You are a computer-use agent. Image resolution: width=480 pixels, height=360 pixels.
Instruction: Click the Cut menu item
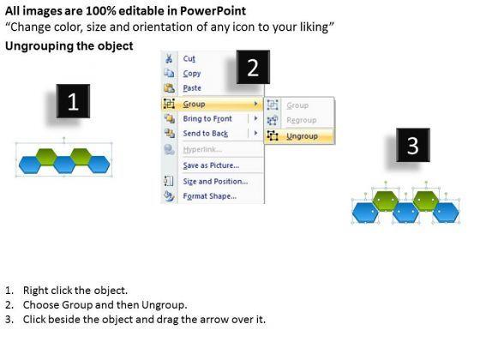click(189, 58)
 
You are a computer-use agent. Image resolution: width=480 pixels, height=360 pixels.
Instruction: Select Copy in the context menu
click(192, 74)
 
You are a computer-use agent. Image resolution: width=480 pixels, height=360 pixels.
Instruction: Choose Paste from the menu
click(192, 88)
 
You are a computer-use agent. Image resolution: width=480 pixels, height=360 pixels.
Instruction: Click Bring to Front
click(207, 118)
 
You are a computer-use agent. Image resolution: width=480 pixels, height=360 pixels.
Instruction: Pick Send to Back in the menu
click(206, 134)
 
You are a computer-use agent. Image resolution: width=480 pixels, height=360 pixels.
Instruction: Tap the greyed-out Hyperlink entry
click(202, 149)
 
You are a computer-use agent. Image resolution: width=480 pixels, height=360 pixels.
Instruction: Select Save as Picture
click(211, 165)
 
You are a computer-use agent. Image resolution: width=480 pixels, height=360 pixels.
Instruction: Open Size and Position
click(215, 181)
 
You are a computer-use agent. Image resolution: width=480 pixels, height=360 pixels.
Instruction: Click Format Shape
click(210, 196)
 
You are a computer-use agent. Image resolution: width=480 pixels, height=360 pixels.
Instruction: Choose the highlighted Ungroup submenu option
click(302, 136)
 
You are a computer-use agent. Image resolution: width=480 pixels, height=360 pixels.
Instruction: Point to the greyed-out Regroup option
click(302, 120)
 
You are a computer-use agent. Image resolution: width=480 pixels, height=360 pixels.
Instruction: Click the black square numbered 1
click(73, 101)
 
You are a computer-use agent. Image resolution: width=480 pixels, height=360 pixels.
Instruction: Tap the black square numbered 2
click(253, 67)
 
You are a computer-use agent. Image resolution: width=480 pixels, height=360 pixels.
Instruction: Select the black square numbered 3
click(413, 145)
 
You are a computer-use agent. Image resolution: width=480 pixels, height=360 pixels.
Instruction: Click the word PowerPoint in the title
click(213, 11)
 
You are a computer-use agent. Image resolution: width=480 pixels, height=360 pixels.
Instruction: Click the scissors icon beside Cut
click(169, 58)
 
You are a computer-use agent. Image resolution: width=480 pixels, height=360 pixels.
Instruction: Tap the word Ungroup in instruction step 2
click(164, 305)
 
